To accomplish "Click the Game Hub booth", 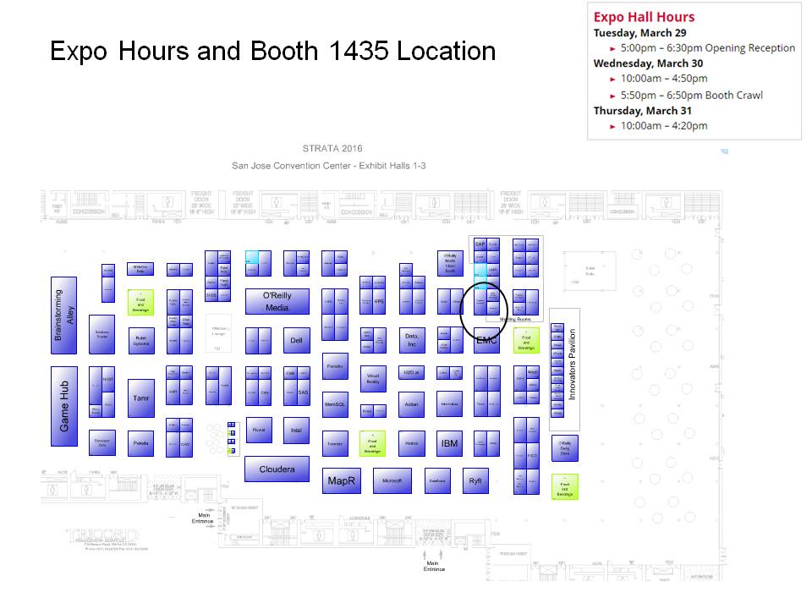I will coord(64,405).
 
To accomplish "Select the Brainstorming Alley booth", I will coord(64,315).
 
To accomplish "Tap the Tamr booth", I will coord(141,398).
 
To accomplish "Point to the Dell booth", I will coord(296,341).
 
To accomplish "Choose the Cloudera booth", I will coord(277,469).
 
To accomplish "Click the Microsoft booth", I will coord(392,480).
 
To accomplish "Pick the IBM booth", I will coord(449,443).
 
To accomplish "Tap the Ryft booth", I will coord(475,480).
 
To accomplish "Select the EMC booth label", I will coord(486,340).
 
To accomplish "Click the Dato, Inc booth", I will coord(411,340).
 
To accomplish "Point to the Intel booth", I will coord(296,430).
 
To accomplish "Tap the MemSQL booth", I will coord(336,404).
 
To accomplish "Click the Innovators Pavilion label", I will coord(572,365).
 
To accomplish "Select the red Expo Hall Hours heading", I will coord(644,17).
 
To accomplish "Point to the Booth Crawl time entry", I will coord(692,95).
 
